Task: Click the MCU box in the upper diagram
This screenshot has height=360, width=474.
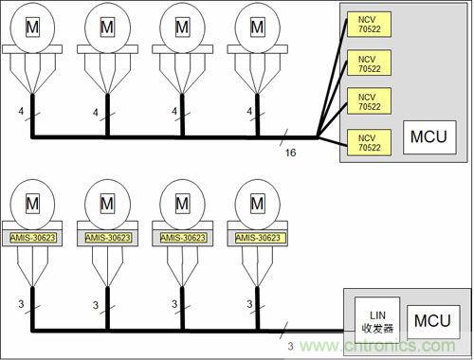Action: click(x=425, y=136)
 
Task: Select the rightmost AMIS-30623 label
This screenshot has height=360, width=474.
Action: click(x=259, y=238)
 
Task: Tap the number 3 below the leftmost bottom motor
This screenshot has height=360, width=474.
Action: click(x=20, y=304)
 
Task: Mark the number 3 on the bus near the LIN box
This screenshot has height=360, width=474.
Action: click(x=290, y=347)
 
